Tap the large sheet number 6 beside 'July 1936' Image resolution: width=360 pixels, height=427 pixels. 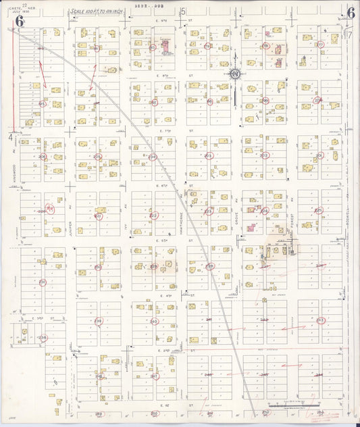(20, 20)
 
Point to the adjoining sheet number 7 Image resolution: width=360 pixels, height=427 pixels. (350, 33)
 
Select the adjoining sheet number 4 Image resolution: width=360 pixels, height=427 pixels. (11, 137)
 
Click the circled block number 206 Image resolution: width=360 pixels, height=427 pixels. (43, 157)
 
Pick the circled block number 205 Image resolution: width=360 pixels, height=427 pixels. (98, 157)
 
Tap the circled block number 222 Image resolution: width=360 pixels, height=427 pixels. (153, 216)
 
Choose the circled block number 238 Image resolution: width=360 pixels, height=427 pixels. (42, 338)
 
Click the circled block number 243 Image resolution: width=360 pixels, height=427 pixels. (320, 320)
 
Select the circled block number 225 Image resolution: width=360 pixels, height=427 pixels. (318, 210)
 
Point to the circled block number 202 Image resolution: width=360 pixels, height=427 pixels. (264, 155)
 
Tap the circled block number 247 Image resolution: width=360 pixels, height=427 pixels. (154, 376)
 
